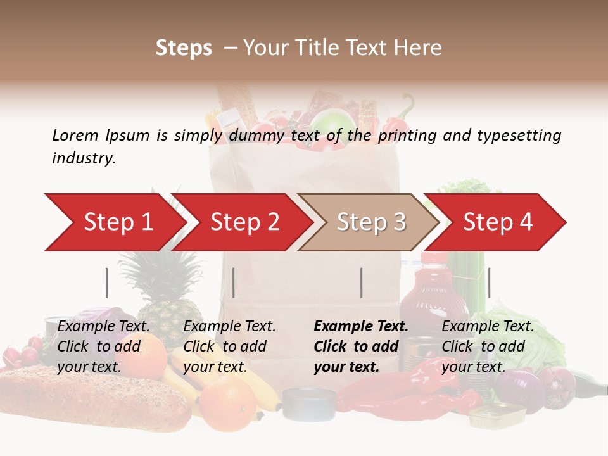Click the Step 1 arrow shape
tap(117, 222)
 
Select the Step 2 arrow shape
tap(244, 222)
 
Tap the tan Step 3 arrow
tap(370, 222)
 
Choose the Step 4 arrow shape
tap(497, 222)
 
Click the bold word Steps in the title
tap(184, 47)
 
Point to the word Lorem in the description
tap(75, 135)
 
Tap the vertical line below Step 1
tap(107, 282)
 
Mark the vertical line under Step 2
tap(234, 282)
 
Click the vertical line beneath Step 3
tap(362, 282)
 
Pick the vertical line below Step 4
tap(490, 282)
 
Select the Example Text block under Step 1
tap(103, 346)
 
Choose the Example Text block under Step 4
tap(487, 346)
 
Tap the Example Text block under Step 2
tap(229, 346)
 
